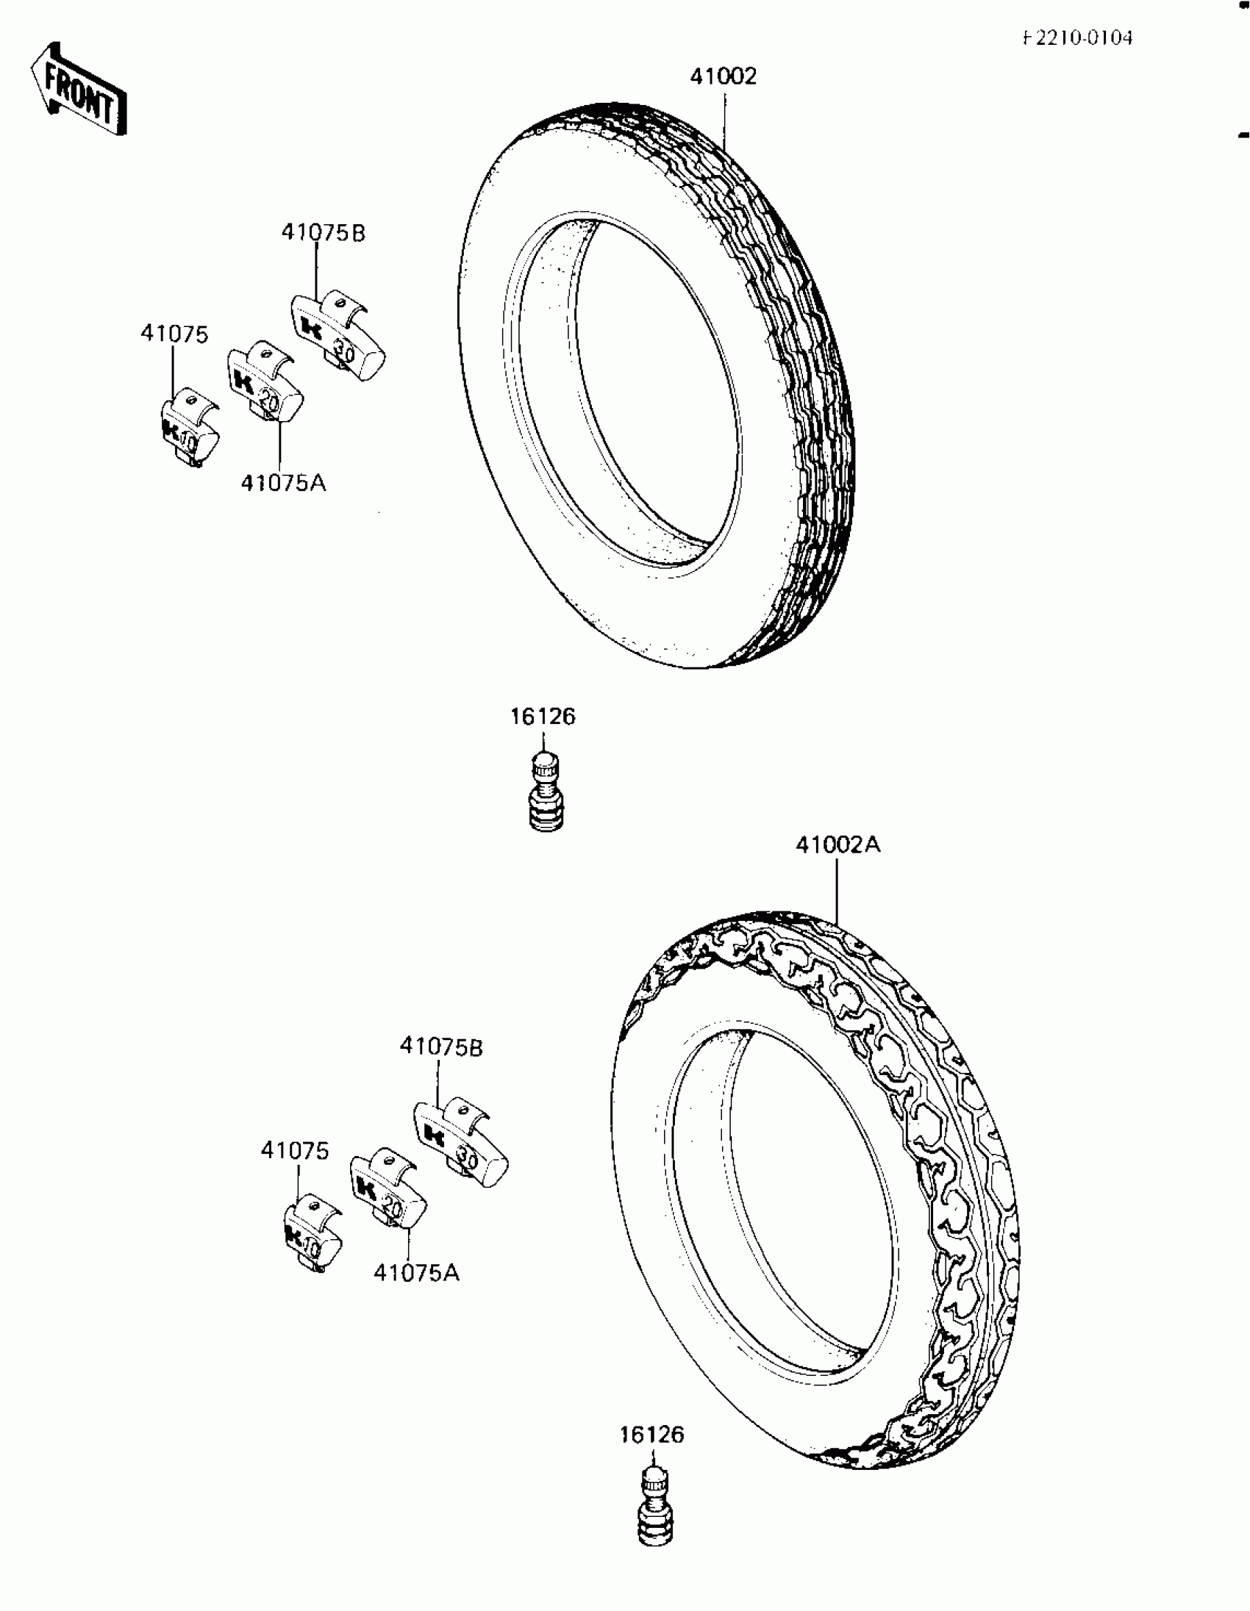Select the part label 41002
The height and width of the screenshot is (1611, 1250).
click(723, 76)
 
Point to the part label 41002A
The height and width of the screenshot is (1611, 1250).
click(838, 844)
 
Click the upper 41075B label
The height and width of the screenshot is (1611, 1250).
click(324, 233)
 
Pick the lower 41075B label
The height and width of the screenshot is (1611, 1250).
click(441, 1047)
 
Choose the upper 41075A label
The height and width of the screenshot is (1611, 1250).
click(283, 483)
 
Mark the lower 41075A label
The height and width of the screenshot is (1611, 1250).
click(416, 1272)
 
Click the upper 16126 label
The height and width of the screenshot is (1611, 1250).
click(543, 717)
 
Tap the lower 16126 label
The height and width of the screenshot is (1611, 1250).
click(652, 1435)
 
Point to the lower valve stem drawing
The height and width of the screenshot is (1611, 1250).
click(654, 1507)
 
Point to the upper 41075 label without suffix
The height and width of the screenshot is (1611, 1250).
click(174, 334)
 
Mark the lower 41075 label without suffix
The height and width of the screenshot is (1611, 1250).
click(294, 1150)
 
